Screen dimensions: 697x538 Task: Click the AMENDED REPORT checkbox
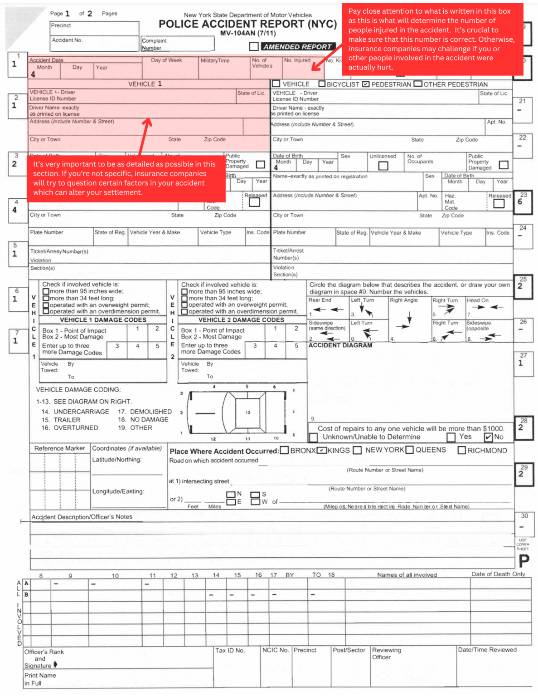click(x=254, y=46)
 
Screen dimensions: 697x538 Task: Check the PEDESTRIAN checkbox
click(x=366, y=84)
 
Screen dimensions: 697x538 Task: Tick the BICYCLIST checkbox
click(x=322, y=84)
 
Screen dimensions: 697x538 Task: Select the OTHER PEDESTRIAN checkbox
click(x=418, y=84)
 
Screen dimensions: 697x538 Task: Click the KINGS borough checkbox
click(x=322, y=450)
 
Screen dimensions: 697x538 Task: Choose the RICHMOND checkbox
click(x=462, y=450)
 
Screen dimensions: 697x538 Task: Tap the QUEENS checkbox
click(x=410, y=450)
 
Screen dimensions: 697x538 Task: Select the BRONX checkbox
click(x=284, y=450)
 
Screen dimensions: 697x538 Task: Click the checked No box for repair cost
click(x=488, y=437)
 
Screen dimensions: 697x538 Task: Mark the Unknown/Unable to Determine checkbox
click(x=313, y=437)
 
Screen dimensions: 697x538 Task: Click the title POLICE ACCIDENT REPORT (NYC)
click(x=247, y=24)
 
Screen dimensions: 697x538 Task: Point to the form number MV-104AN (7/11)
click(x=247, y=33)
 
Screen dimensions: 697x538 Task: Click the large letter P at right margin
click(x=523, y=561)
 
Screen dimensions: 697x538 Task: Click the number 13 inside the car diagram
click(x=247, y=412)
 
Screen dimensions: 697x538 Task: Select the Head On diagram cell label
click(x=478, y=300)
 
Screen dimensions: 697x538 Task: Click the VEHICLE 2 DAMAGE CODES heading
click(x=241, y=320)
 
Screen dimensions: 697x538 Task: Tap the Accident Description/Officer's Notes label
click(x=82, y=517)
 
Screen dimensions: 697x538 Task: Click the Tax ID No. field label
click(x=230, y=650)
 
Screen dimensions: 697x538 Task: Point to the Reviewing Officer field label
click(x=386, y=653)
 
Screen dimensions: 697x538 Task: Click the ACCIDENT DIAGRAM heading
click(x=340, y=345)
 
